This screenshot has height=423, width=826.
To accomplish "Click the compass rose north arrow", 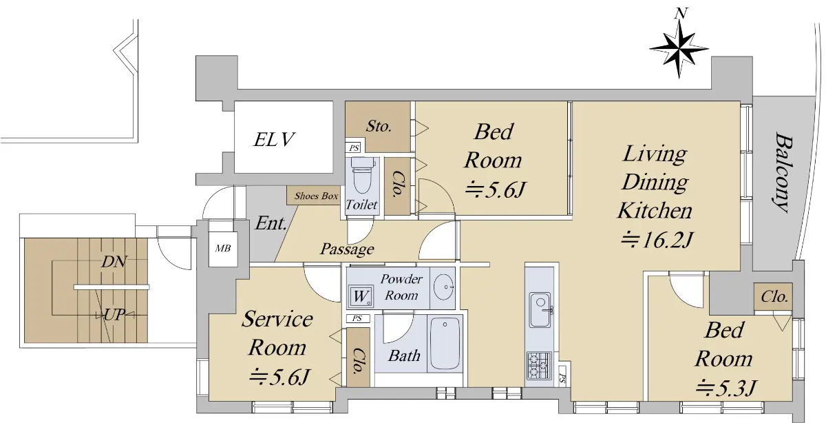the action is click(x=679, y=49).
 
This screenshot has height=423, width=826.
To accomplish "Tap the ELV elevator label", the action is click(x=274, y=140).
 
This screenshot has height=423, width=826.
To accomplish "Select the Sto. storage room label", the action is click(x=379, y=126).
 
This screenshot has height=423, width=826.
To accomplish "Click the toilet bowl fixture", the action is click(x=363, y=175).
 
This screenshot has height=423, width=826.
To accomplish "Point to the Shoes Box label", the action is click(x=316, y=196).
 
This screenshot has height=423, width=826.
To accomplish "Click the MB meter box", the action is click(x=223, y=249).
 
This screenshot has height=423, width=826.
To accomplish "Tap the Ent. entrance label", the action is click(x=271, y=223).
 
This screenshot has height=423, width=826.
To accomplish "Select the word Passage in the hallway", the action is click(x=347, y=249).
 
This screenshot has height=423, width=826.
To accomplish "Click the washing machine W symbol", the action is click(x=360, y=296).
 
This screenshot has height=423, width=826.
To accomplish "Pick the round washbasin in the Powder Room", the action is click(x=443, y=287).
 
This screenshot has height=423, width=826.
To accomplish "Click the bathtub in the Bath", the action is click(x=445, y=344).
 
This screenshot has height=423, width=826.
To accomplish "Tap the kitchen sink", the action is click(x=540, y=310).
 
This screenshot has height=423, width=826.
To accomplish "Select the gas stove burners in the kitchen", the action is click(x=539, y=365).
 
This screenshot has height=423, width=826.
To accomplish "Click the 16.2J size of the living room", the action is click(x=657, y=240).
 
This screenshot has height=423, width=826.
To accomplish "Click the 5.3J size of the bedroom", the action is click(x=726, y=388).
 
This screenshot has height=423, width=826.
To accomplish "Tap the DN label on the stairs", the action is click(x=114, y=262).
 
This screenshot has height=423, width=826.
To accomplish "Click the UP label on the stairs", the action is click(x=115, y=315).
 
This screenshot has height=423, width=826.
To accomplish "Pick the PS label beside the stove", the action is click(x=562, y=378).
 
